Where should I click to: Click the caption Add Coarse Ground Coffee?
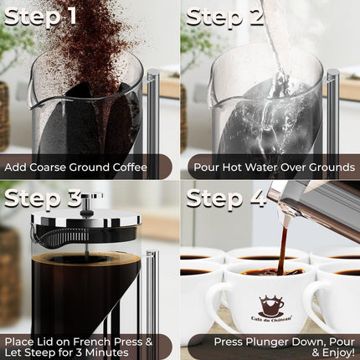click(75, 167)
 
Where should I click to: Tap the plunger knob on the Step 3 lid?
click(93, 198)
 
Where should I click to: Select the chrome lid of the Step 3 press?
click(84, 220)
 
